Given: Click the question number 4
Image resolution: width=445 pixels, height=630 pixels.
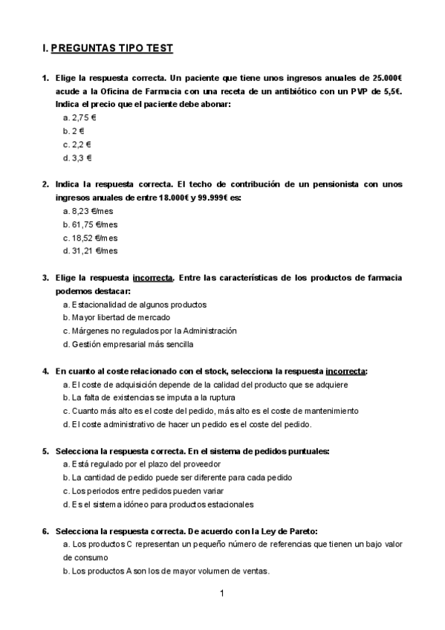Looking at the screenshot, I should pos(45,371).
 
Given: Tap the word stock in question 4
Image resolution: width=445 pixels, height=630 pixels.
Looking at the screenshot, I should pos(214,371).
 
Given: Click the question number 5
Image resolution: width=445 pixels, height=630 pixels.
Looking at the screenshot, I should pos(45,451).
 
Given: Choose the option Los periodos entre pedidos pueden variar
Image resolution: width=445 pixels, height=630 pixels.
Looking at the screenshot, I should pos(143,491).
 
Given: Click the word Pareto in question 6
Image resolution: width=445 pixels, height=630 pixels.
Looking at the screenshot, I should pos(300,531).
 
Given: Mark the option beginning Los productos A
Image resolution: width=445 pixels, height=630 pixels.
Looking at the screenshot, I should pos(166,571).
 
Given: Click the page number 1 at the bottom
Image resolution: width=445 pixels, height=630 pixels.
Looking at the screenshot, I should pos(222,593).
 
